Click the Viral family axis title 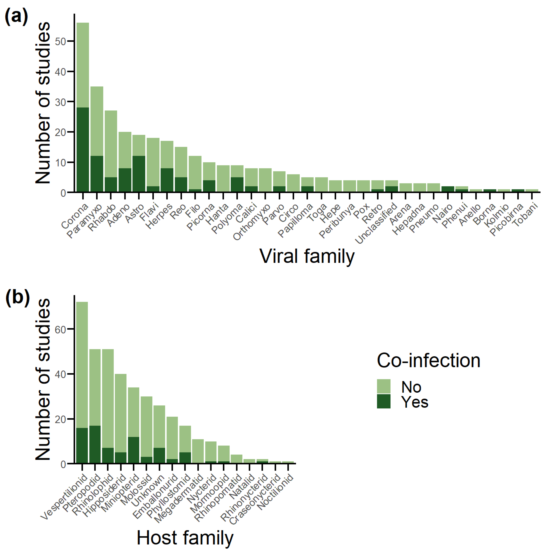[x=307, y=256]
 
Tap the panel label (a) [x=17, y=17]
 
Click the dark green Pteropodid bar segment [x=95, y=444]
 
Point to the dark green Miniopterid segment [x=134, y=450]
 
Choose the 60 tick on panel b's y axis [x=61, y=329]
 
